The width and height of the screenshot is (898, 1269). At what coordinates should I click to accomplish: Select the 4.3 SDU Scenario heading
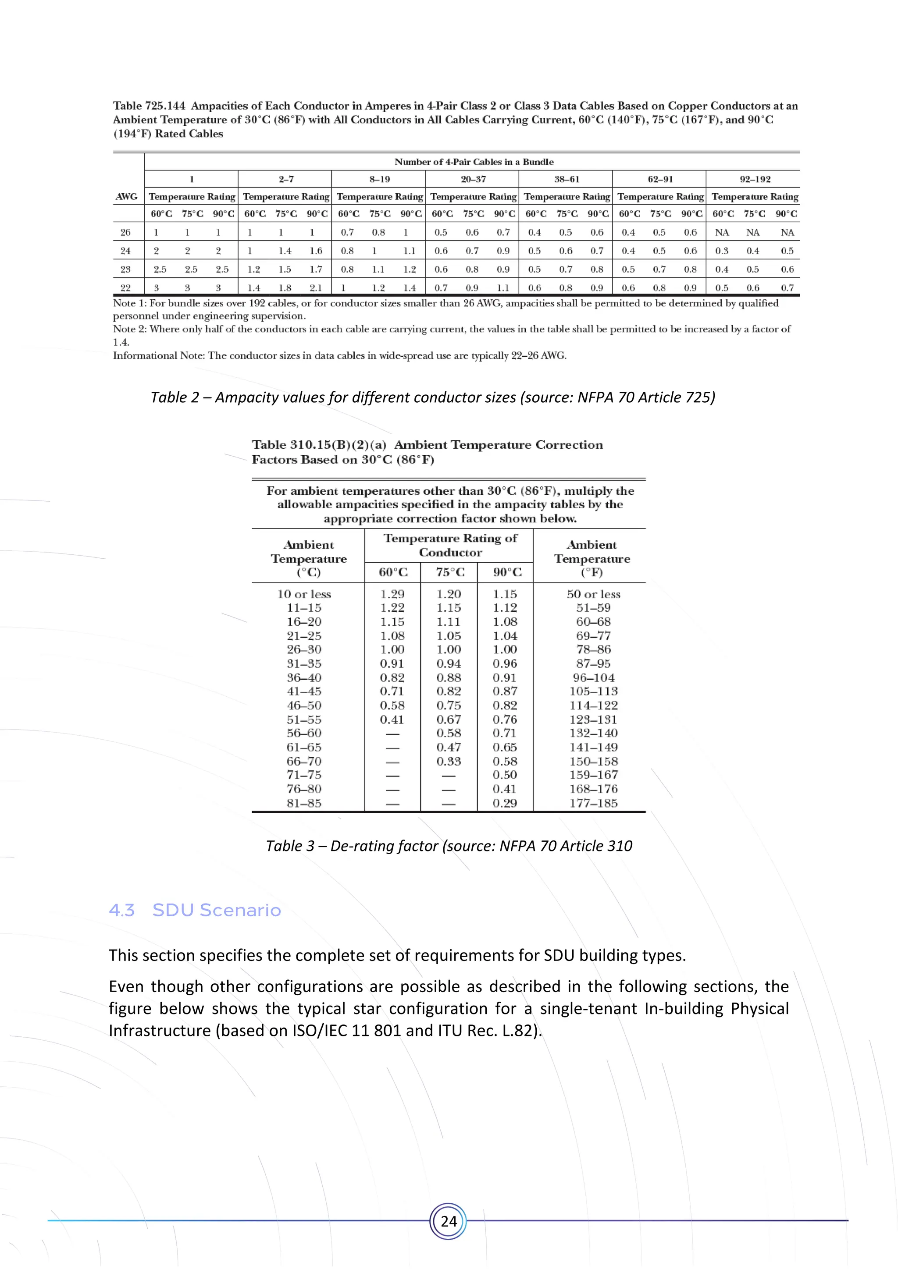pos(195,910)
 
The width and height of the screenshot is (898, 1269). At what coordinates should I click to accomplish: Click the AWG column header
pos(127,197)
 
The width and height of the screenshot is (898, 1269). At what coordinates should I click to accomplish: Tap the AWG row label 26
pos(125,233)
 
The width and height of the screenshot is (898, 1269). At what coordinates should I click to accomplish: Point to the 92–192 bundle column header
pos(755,179)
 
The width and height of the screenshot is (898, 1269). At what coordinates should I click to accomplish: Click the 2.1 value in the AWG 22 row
pos(316,288)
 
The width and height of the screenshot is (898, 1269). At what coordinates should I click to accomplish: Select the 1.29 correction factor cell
pos(392,594)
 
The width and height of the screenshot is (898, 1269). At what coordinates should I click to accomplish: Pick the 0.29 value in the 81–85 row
pos(505,803)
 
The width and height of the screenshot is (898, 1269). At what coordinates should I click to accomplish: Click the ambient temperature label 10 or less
pos(304,594)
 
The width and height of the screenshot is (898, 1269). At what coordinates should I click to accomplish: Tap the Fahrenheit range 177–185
pos(593,803)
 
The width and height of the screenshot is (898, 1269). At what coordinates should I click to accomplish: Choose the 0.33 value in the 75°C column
pos(449,761)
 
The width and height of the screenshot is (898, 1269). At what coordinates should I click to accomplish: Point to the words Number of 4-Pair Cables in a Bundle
pos(474,162)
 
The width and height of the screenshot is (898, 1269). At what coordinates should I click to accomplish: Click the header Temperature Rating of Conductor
pos(450,545)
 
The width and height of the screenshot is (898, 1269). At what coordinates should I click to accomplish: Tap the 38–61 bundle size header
pos(567,179)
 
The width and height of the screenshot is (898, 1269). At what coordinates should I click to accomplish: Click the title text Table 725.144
pos(149,106)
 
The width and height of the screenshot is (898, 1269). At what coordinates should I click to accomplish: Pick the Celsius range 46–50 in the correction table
pos(304,706)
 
